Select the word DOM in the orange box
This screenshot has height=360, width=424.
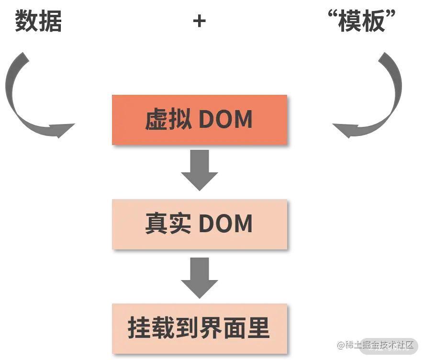tap(225, 120)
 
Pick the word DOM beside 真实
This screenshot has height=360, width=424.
tap(225, 224)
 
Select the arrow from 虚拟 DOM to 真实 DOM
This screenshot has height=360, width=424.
tap(201, 170)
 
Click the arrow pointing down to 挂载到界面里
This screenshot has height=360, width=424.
tap(201, 276)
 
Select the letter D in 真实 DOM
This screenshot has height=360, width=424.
tap(207, 224)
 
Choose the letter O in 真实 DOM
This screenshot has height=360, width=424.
tap(224, 224)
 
